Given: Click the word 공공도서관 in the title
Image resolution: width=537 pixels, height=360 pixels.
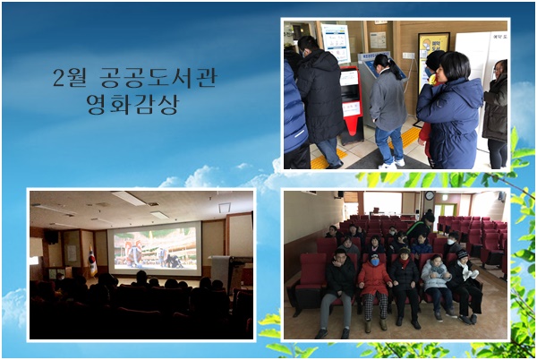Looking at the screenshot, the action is coord(158,78).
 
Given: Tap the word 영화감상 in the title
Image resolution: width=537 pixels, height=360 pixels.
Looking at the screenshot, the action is coord(132,104).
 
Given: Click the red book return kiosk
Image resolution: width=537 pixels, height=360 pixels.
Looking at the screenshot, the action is coord(351,105).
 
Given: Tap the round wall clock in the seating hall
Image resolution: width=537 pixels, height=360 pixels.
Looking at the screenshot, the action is coord(430,195).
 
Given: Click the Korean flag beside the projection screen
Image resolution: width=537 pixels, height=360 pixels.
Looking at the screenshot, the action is coord(92,261).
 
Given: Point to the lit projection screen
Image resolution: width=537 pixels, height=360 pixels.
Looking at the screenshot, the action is coord(155,248).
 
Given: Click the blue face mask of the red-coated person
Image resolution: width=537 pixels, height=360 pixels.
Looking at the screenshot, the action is coord(375,262).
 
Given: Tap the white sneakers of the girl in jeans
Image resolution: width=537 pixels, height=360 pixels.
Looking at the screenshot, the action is coord(392,164).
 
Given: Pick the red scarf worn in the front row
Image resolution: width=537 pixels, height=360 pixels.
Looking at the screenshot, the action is coord(405,263).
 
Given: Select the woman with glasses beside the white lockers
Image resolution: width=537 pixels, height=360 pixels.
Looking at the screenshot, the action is coord(496,114).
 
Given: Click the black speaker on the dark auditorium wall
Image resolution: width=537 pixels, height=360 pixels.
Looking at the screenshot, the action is coord(52,237).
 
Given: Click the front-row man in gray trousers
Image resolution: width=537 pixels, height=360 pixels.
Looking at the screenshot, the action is coord(339,293).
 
